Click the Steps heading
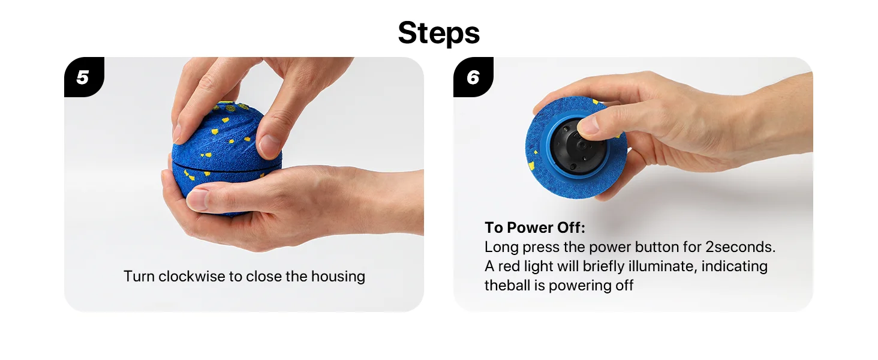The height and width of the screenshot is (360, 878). tap(438, 33)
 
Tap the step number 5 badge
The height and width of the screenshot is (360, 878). tap(84, 77)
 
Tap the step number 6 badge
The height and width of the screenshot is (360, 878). tap(473, 77)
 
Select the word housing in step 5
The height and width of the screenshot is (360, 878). tap(338, 277)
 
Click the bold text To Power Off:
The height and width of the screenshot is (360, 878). tap(534, 227)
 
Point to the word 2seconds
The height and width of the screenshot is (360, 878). tap(741, 247)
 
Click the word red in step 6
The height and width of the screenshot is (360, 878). tap(509, 266)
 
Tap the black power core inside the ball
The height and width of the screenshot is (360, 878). tap(577, 147)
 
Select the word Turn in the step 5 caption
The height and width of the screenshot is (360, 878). tap(139, 276)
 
